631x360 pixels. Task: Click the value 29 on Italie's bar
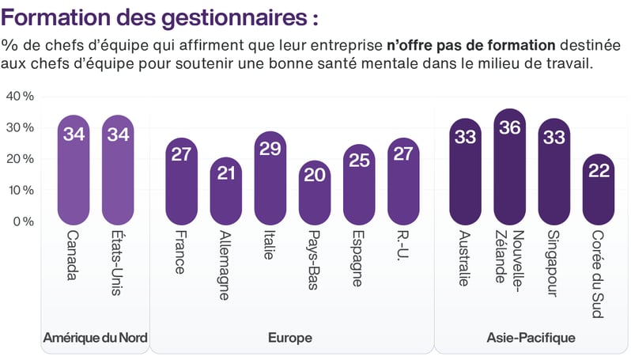tap(270, 149)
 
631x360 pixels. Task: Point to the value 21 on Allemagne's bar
tap(225, 173)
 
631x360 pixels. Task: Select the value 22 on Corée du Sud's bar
tap(599, 171)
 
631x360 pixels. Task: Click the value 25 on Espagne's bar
tap(358, 161)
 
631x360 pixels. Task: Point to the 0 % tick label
tap(23, 222)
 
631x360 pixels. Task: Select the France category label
tap(180, 252)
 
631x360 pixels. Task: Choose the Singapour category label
tap(553, 264)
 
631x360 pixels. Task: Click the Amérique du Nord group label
tap(95, 339)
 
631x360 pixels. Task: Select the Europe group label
tap(289, 339)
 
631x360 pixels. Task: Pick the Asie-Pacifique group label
tap(530, 339)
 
